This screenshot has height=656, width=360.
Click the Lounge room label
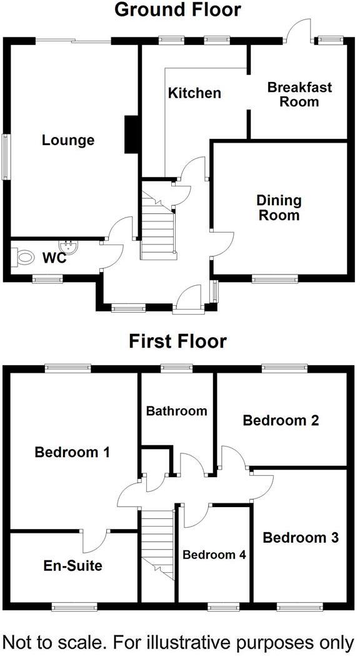(68, 141)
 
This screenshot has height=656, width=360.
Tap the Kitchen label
(194, 93)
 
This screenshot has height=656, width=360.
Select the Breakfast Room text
(299, 94)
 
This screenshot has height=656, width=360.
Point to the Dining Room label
(279, 208)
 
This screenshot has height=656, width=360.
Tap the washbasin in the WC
(67, 246)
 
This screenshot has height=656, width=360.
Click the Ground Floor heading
(177, 9)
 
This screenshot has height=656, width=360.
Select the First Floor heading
(177, 342)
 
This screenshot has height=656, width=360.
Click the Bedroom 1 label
(72, 452)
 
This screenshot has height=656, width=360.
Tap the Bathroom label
(176, 411)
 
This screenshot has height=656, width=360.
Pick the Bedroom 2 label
(281, 420)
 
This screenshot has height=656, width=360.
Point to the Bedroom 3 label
(301, 538)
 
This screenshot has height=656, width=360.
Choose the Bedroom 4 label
(214, 555)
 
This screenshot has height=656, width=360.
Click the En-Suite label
(73, 566)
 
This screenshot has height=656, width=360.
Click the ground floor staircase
(157, 226)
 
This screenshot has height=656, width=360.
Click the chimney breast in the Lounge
(131, 134)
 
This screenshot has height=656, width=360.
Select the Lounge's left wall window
(6, 157)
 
